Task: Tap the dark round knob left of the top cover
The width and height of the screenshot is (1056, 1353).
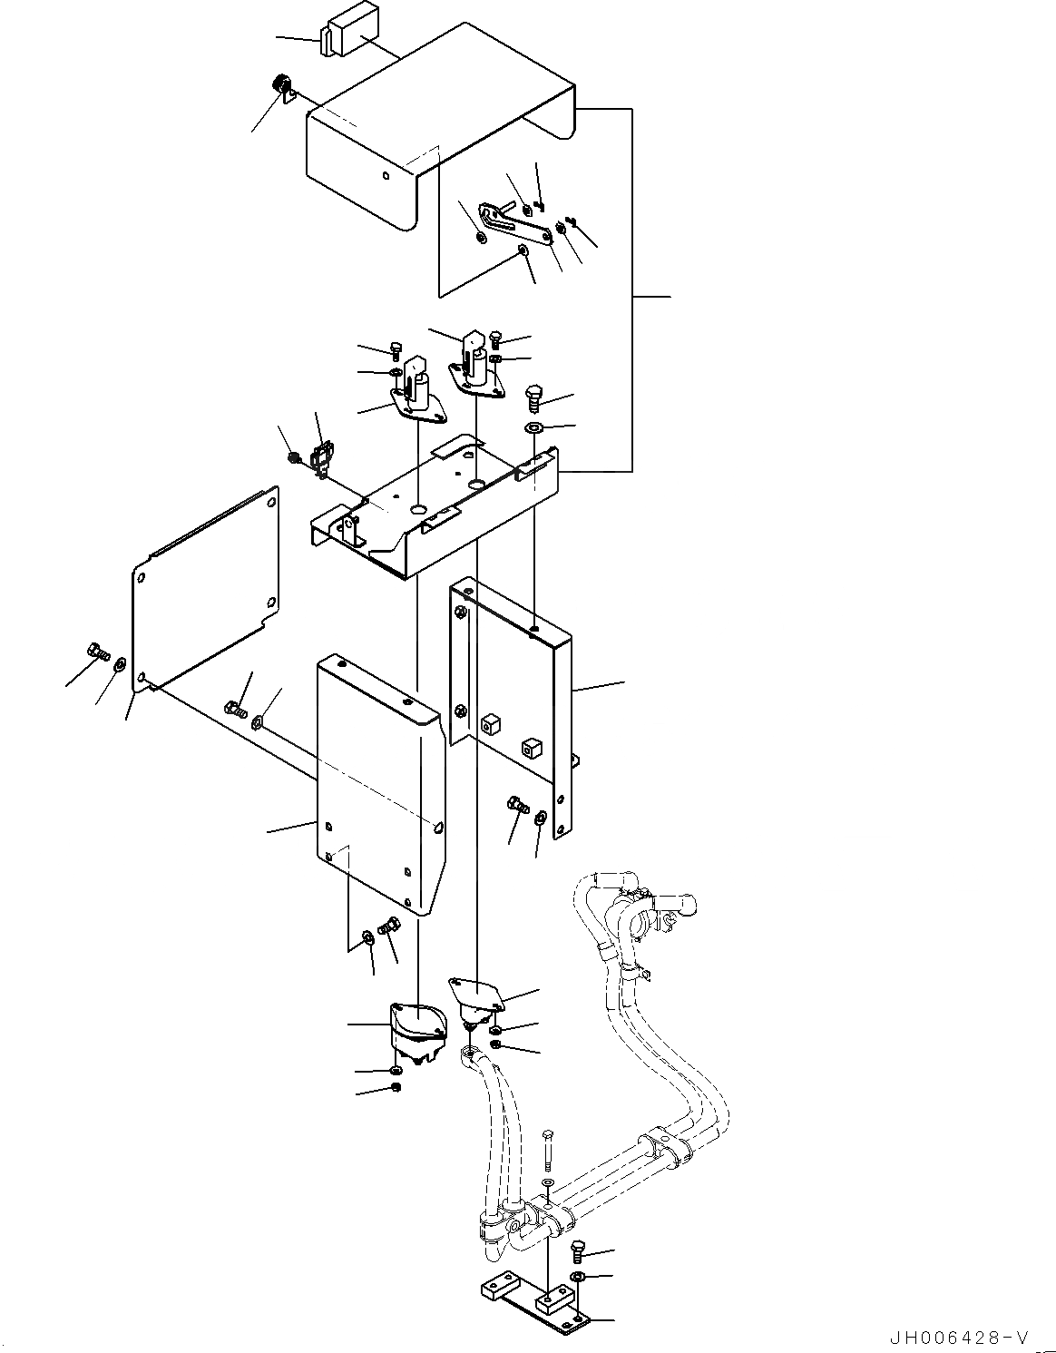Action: coord(281,87)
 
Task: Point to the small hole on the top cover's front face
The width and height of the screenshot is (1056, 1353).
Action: coord(386,175)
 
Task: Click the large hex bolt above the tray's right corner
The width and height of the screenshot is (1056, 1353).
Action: coord(535,397)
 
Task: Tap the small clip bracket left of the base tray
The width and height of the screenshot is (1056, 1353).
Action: coord(320,459)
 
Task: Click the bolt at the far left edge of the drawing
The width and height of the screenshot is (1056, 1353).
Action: coord(97,651)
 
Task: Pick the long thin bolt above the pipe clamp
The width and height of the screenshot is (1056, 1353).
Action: coord(547,1150)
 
